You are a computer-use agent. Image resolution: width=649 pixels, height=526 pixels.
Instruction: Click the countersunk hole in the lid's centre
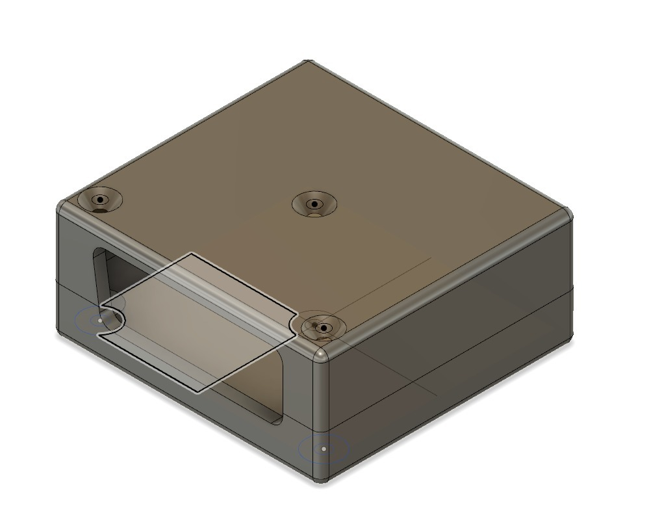click(x=314, y=204)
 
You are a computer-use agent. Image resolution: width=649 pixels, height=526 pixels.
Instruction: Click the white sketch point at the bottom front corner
click(x=324, y=449)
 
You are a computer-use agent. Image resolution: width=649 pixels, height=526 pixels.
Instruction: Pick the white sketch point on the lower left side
click(x=99, y=320)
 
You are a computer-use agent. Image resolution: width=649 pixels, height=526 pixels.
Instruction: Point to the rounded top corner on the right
click(x=567, y=213)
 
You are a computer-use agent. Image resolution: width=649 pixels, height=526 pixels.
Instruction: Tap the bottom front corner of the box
click(x=322, y=479)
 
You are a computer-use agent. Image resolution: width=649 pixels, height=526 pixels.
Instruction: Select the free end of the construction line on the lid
click(x=431, y=259)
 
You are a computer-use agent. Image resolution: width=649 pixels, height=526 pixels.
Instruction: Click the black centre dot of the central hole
click(x=314, y=204)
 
